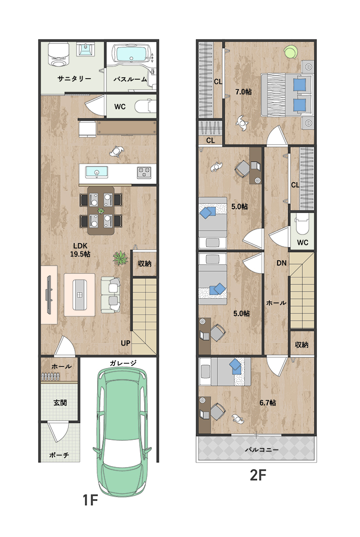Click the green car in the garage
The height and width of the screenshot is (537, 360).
point(122,432)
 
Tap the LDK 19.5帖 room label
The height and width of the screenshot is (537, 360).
point(80,250)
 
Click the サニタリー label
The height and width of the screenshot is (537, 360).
point(74,79)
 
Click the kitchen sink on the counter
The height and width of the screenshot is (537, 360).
point(97,172)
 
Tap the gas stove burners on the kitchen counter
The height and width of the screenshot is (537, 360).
point(144,172)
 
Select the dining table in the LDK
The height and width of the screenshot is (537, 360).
point(100,210)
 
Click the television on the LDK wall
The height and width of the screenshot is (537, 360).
point(49,295)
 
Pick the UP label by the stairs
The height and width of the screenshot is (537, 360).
point(125,343)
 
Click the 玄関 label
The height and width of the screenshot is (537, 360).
point(60,403)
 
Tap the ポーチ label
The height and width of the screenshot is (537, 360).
point(59,455)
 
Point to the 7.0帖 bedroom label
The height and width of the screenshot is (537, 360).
point(243,92)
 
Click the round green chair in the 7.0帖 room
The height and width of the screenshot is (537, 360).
point(291,52)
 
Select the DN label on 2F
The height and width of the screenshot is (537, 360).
point(281,263)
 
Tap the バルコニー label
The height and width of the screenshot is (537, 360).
point(262,450)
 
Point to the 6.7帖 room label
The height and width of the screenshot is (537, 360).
point(268,403)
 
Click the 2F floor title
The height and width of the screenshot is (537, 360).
point(258,475)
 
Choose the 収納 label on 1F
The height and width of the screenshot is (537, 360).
point(145,263)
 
